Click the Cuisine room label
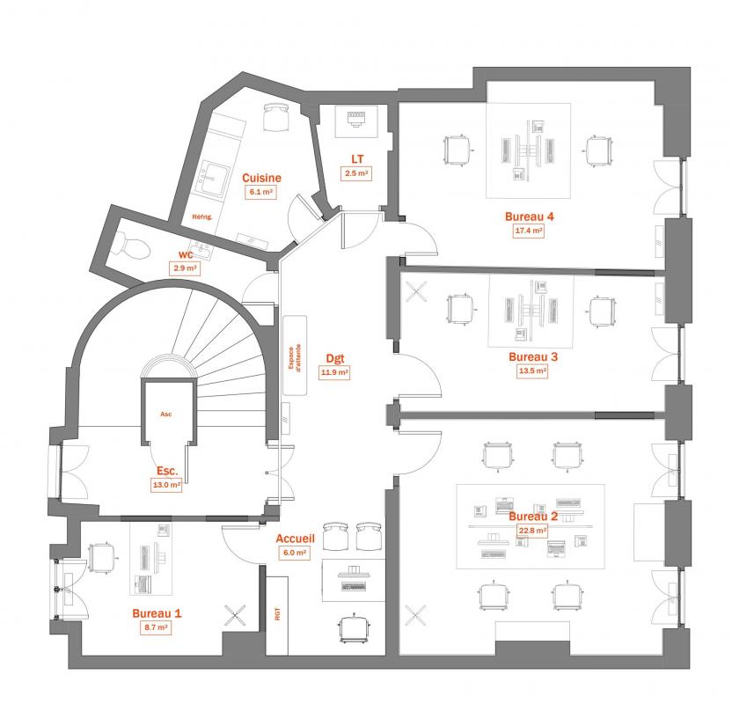pos(261,178)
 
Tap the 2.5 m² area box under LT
pos(356,173)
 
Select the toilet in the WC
pos(131,246)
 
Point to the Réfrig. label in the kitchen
pos(202,217)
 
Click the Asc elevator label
pos(165,414)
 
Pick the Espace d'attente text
pos(295,357)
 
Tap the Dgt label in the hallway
pos(335,358)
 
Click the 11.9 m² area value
pos(334,372)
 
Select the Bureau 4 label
pos(530,216)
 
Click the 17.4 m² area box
pos(529,231)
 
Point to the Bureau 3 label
pos(533,357)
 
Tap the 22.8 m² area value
pos(532,531)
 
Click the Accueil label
pos(295,539)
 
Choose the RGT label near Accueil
pos(278,613)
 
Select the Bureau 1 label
pos(157,613)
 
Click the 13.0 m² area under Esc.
pos(166,485)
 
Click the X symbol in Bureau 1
pos(235,615)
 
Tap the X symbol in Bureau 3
pos(415,292)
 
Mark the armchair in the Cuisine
pos(276,117)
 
